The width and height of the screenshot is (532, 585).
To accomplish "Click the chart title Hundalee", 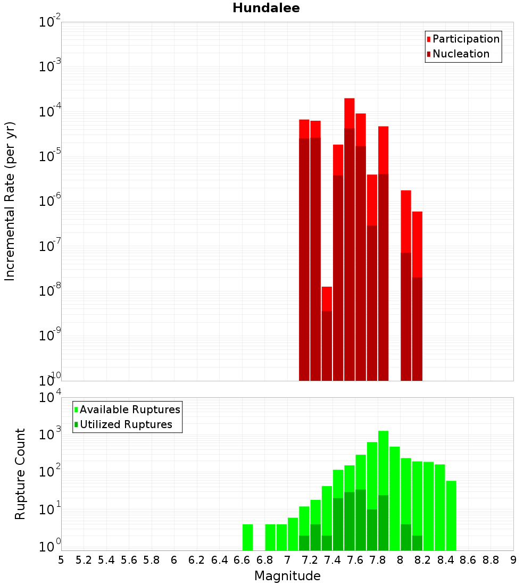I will (x=266, y=8).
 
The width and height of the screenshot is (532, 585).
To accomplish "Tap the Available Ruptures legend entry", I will (x=130, y=410).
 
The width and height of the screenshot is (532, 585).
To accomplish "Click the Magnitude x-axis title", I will (x=287, y=576).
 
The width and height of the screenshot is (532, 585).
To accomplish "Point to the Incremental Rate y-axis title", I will (x=10, y=202).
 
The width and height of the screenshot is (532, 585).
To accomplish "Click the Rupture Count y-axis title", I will (x=20, y=473).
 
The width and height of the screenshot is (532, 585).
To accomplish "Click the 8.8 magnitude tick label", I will (x=491, y=560).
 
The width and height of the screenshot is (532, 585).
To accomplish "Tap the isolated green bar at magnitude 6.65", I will (x=247, y=537).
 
